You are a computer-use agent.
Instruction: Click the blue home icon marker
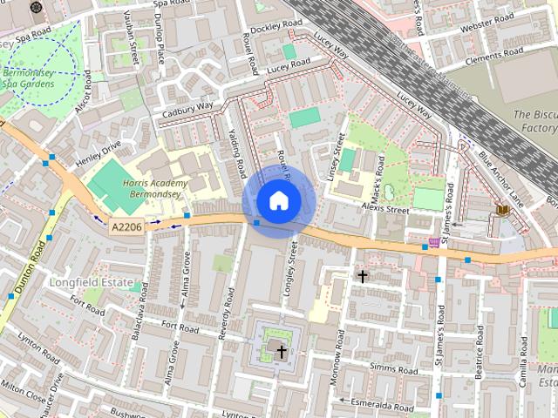pyautogui.click(x=278, y=200)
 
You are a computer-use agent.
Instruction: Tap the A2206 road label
pyautogui.click(x=127, y=226)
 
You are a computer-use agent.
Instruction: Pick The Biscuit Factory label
pyautogui.click(x=534, y=121)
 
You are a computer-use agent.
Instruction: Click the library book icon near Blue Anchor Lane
pyautogui.click(x=502, y=210)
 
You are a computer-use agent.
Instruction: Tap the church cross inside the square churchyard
pyautogui.click(x=281, y=352)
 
